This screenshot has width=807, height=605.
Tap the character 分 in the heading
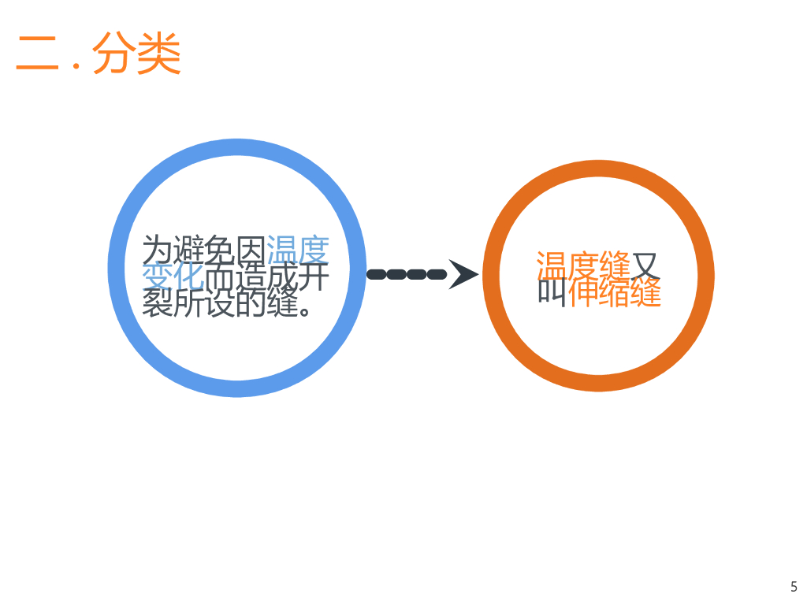tap(113, 54)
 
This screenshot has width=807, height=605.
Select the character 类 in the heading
tap(159, 54)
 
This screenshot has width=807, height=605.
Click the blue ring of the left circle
tap(117, 268)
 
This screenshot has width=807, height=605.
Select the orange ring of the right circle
tap(492, 276)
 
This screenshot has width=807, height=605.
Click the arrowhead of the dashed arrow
tap(463, 274)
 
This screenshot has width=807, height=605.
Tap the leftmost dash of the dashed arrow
tap(377, 274)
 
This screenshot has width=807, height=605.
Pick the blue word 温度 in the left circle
tap(297, 251)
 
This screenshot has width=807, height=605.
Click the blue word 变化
tap(173, 277)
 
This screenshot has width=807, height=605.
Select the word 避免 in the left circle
tap(203, 251)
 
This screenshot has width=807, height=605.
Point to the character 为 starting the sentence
tap(157, 251)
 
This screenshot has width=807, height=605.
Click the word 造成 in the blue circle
tap(266, 277)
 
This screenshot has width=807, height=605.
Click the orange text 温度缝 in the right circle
tap(583, 266)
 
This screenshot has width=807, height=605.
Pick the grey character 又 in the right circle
tap(645, 266)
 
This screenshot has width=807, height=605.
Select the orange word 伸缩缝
tap(615, 292)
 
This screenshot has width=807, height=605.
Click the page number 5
tap(794, 586)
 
